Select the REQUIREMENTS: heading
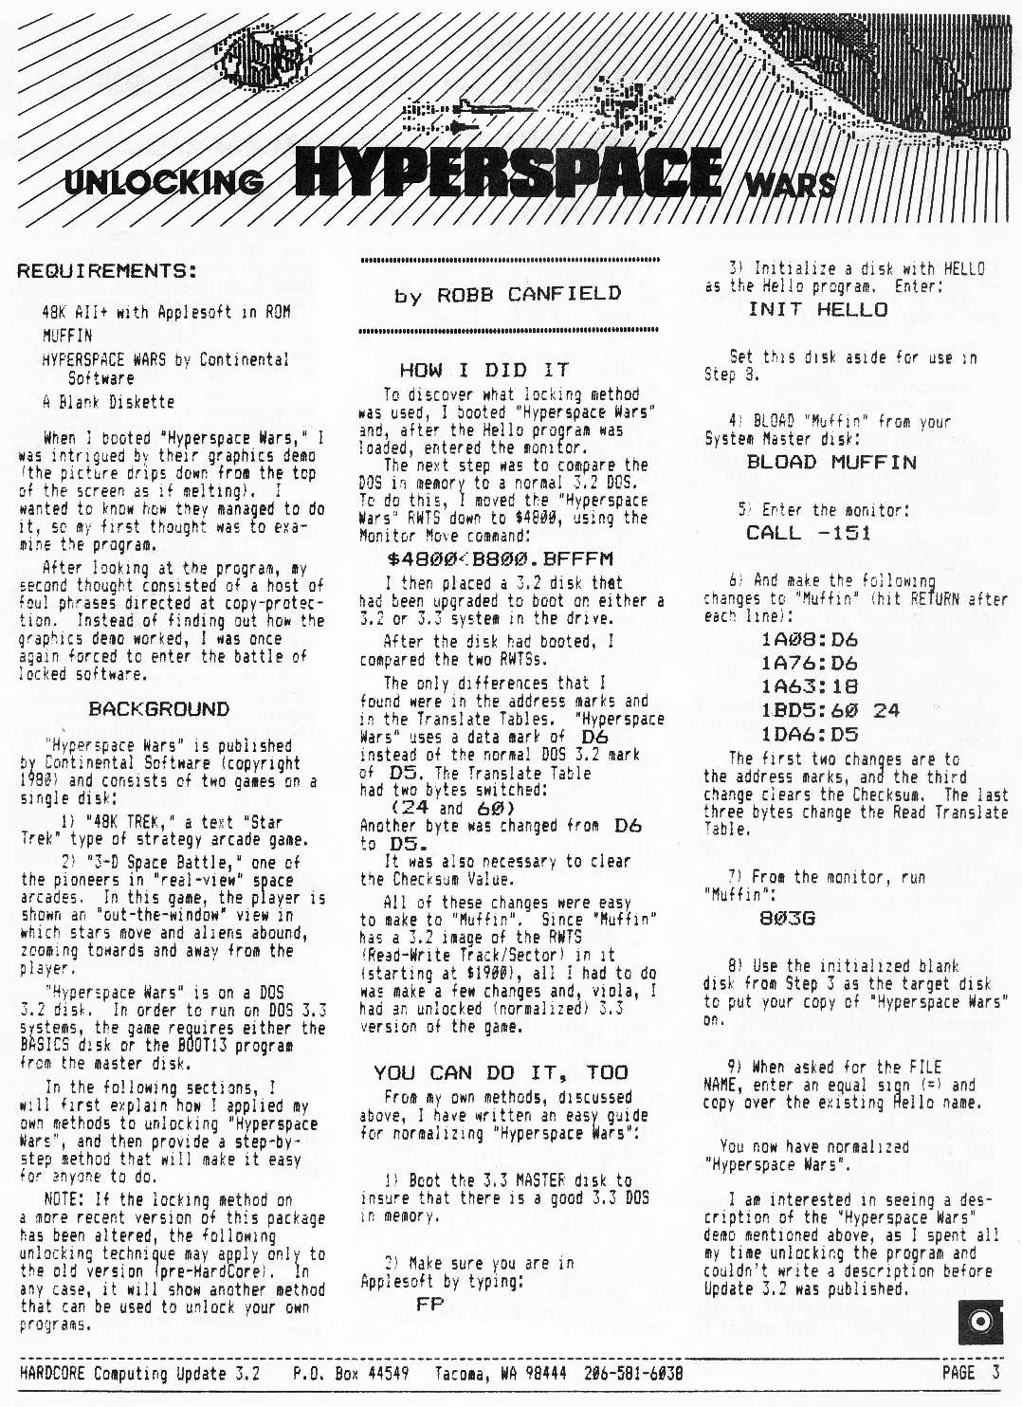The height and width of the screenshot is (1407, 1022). [x=106, y=271]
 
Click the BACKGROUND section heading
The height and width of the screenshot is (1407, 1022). [x=158, y=709]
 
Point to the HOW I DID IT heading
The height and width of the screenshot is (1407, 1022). [x=484, y=370]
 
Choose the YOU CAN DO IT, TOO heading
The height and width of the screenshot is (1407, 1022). [x=501, y=1072]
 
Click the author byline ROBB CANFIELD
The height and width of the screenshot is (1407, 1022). [x=507, y=295]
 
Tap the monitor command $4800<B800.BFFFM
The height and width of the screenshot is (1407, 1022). [x=500, y=558]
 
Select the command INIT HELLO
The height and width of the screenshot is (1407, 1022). [x=818, y=309]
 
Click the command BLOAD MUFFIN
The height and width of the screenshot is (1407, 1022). [x=831, y=462]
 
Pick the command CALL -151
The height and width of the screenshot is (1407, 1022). [x=808, y=532]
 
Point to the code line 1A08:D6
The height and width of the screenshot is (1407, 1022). [x=809, y=639]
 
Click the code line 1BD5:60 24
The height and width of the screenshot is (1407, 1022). [x=830, y=710]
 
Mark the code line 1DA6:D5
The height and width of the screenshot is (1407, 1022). [x=809, y=734]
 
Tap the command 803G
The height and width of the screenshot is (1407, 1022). [x=787, y=918]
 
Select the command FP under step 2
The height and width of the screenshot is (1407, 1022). [x=429, y=1304]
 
